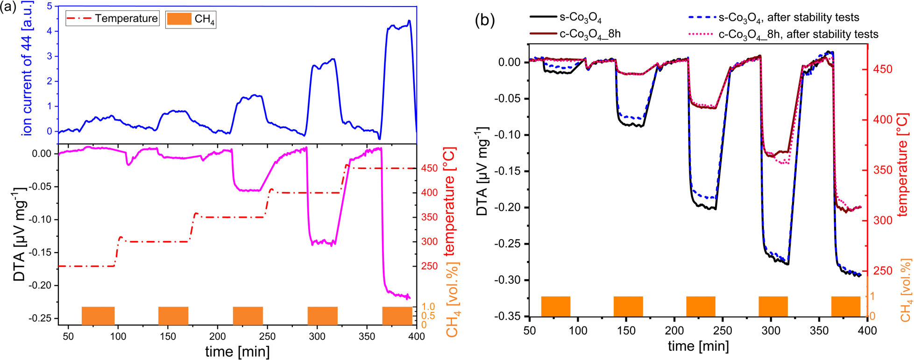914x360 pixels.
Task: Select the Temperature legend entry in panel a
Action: (112, 19)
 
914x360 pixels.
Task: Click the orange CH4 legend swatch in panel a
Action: (179, 19)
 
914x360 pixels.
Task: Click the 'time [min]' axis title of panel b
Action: (698, 346)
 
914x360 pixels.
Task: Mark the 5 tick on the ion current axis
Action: (49, 7)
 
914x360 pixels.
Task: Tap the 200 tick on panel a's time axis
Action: (217, 337)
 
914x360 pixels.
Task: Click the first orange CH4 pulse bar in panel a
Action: (98, 316)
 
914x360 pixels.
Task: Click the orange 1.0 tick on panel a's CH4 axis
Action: (429, 307)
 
